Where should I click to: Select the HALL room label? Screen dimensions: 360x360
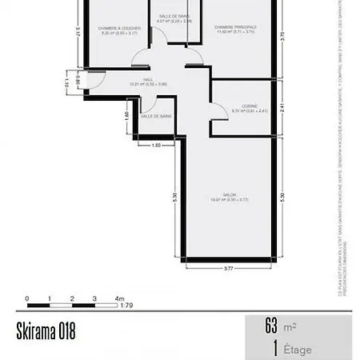148,80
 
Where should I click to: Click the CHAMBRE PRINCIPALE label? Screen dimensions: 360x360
235,26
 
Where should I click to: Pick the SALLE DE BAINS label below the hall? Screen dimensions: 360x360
156,116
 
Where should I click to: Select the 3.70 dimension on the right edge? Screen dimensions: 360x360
282,37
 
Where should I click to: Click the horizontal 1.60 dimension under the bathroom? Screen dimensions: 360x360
157,145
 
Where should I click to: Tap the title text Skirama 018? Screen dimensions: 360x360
46,332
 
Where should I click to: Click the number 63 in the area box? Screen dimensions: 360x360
271,326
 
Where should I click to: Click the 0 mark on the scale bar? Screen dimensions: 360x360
27,298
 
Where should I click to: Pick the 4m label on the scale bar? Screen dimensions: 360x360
120,298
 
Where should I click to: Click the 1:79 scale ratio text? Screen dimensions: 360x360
126,305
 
